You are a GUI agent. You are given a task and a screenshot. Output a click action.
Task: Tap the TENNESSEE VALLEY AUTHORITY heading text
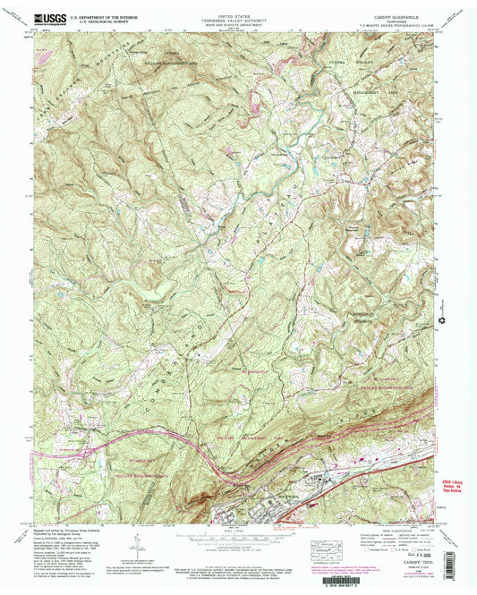(x=239, y=17)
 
